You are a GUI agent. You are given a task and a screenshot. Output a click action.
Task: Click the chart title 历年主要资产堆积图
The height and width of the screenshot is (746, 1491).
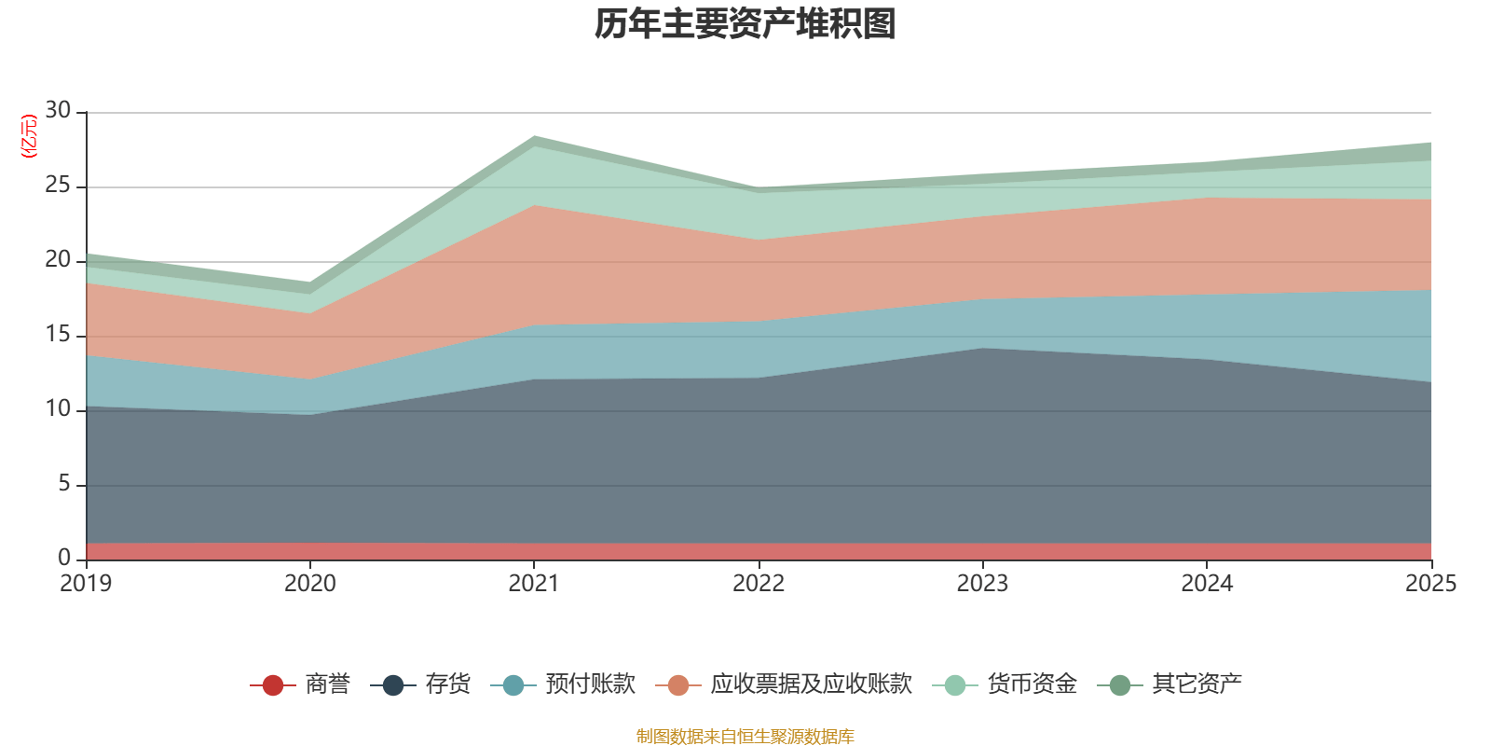tap(745, 24)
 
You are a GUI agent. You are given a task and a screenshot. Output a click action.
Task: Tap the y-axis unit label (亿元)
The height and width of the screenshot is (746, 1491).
tap(29, 136)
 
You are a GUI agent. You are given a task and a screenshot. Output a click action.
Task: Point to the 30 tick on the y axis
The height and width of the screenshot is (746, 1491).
tap(58, 111)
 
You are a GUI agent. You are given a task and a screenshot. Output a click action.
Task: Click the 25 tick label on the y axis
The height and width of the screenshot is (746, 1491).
tap(58, 186)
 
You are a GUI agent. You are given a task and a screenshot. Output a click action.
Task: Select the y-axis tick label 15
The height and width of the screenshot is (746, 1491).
tap(58, 335)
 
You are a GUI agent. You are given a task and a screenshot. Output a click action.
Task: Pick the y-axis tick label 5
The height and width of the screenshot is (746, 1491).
tap(63, 484)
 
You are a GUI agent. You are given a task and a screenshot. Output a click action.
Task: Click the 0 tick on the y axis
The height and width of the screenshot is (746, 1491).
tap(63, 558)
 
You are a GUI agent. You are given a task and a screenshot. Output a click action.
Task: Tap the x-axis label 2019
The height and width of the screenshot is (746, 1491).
tap(86, 584)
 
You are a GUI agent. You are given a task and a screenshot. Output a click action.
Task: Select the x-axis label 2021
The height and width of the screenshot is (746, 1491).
tap(534, 584)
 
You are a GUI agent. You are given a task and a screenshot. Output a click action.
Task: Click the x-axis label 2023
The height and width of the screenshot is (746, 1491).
tap(982, 584)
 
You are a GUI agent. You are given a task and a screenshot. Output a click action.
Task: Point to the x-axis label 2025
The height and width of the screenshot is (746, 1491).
tap(1429, 584)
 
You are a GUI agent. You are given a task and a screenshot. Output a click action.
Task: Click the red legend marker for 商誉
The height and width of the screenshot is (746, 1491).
tap(272, 685)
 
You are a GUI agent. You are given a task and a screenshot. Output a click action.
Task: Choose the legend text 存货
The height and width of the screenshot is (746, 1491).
tap(447, 684)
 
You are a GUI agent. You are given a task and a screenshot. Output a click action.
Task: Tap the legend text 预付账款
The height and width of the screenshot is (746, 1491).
tap(590, 684)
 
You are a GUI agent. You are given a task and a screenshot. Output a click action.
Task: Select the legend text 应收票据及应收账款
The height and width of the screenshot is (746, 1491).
tap(811, 684)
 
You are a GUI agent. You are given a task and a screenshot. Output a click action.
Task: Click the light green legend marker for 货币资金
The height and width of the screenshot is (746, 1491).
tap(954, 685)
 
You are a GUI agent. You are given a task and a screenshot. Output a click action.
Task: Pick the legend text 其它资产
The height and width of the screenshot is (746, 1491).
tap(1197, 684)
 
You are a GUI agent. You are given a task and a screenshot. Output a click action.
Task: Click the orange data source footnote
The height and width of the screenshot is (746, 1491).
tap(745, 737)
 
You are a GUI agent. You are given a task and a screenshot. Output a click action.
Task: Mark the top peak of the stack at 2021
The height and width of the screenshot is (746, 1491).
tap(534, 136)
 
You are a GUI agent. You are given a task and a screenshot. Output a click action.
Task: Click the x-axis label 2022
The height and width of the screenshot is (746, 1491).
tap(759, 584)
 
